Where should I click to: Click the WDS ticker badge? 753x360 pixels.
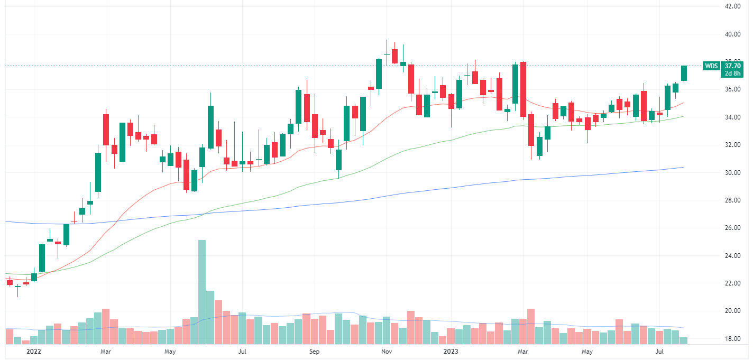point(711,66)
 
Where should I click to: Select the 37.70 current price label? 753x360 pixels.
point(732,66)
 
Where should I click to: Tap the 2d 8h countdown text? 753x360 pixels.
point(732,74)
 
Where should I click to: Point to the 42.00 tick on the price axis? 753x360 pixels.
point(732,6)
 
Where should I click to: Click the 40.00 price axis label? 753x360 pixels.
point(732,34)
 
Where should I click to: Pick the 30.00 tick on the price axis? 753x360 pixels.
point(732,173)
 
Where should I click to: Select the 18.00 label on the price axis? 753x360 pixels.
point(732,339)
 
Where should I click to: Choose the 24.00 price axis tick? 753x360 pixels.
point(732,256)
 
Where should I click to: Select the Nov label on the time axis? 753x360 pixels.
point(387,351)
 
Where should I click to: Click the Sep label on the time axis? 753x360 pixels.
point(314,351)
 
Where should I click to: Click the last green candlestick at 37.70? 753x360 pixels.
point(684,73)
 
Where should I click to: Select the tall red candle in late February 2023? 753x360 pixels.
point(524,89)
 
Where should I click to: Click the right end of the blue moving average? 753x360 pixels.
point(683,168)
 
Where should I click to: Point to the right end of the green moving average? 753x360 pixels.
point(683,117)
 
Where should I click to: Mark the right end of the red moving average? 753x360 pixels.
point(683,103)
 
